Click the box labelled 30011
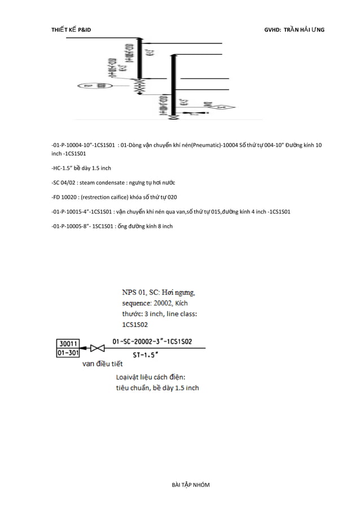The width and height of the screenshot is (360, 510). pyautogui.click(x=67, y=342)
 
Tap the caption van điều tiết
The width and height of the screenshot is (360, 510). pyautogui.click(x=103, y=364)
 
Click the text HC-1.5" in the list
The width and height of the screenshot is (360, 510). pyautogui.click(x=66, y=168)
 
